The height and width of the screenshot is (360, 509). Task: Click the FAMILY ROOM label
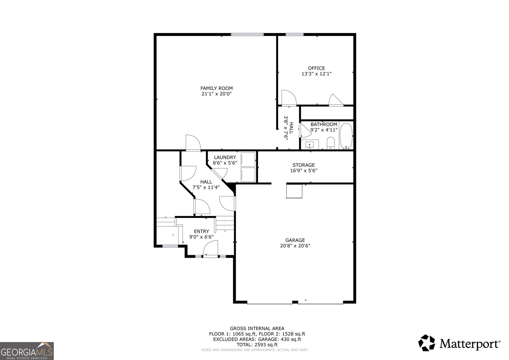(216, 88)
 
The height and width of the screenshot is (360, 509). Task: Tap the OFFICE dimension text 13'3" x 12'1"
(316, 74)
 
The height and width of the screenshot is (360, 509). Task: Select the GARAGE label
(295, 240)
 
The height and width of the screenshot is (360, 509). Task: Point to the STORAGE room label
(303, 165)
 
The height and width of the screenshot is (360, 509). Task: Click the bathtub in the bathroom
(346, 136)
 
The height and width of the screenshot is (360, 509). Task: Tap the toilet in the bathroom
(331, 143)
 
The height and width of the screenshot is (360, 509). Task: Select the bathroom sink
(310, 145)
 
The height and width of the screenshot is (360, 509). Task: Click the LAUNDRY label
(225, 157)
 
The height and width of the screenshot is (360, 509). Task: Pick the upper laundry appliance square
(248, 160)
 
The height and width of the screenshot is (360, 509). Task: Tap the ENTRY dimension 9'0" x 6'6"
(201, 237)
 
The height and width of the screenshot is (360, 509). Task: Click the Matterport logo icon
(427, 343)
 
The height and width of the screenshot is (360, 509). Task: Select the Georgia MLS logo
(27, 351)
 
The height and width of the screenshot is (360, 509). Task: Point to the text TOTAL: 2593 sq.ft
(257, 345)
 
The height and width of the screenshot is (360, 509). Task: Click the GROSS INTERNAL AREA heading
(257, 328)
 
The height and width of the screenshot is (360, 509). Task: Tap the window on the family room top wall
(247, 35)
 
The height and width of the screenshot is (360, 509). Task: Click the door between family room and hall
(193, 143)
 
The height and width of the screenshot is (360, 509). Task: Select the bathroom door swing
(306, 130)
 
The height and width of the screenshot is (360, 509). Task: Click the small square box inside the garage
(294, 192)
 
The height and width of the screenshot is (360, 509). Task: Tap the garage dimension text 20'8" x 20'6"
(295, 246)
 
